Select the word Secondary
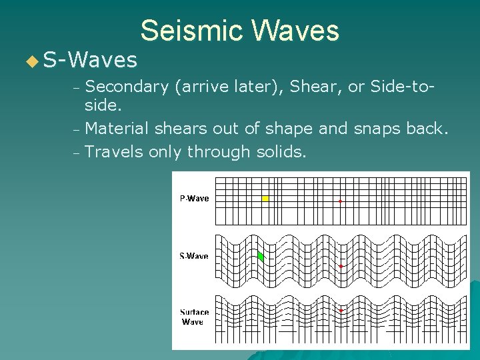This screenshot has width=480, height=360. [127, 86]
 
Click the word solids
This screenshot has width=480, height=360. [281, 152]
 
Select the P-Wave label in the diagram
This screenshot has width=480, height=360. [195, 198]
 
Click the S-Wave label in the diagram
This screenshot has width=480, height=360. [194, 256]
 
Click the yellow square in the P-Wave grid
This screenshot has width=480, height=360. [265, 199]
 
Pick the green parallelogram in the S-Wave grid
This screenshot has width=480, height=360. [261, 256]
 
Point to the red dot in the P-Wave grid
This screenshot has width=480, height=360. [340, 201]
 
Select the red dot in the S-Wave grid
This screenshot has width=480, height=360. [341, 266]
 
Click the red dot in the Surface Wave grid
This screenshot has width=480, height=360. [341, 310]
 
